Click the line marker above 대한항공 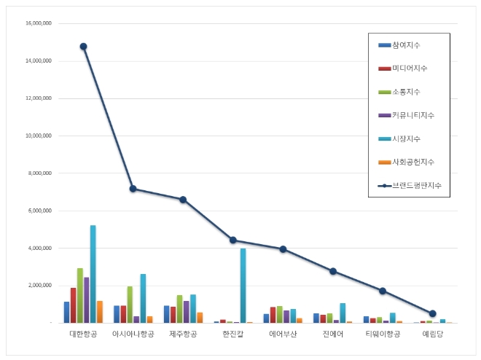pyautogui.click(x=83, y=47)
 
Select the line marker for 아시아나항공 pyautogui.click(x=133, y=189)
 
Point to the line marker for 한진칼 pyautogui.click(x=233, y=240)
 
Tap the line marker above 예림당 pyautogui.click(x=433, y=313)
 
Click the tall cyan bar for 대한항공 pyautogui.click(x=93, y=273)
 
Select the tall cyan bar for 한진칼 pyautogui.click(x=243, y=285)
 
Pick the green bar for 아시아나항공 pyautogui.click(x=130, y=304)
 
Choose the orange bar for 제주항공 pyautogui.click(x=200, y=317)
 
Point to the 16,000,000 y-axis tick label pyautogui.click(x=38, y=23)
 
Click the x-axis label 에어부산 pyautogui.click(x=283, y=334)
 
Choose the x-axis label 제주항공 pyautogui.click(x=183, y=334)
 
